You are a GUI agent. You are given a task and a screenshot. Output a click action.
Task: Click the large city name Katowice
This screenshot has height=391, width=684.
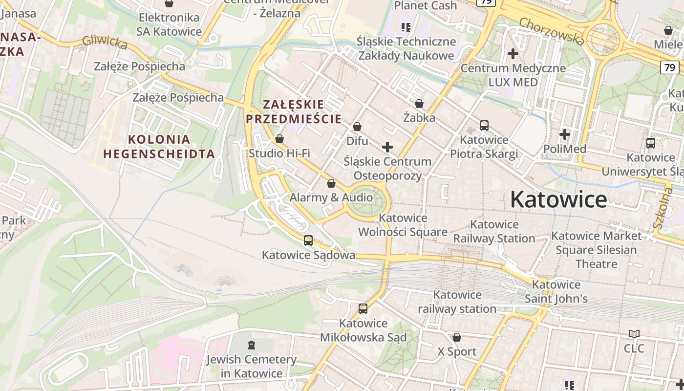pos(558,199)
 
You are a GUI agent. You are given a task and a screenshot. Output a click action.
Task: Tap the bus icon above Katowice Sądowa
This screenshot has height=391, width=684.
pos(308,240)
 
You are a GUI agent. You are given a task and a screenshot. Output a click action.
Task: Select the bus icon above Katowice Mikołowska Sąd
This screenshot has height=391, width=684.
pos(363,309)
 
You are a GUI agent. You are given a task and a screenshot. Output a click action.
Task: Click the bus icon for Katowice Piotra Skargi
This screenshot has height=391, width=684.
pos(484,126)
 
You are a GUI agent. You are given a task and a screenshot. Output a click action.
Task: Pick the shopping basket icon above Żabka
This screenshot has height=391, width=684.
pos(419,104)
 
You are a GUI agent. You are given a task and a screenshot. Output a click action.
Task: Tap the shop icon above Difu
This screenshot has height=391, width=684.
pos(357,127)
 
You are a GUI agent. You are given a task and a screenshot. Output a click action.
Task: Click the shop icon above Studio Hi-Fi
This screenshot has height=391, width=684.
pos(279,139)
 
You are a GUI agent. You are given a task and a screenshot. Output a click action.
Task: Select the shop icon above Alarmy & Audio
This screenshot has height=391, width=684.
pos(331,184)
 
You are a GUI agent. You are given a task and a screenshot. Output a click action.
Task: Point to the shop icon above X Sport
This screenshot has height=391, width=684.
pos(457,337)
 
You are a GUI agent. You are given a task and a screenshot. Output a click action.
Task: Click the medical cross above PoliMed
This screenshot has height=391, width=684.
pos(565,134)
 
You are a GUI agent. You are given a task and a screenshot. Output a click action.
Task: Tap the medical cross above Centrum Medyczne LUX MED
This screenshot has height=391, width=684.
pos(513,54)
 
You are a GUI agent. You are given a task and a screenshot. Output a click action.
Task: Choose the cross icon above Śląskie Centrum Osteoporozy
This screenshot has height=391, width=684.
pos(387,147)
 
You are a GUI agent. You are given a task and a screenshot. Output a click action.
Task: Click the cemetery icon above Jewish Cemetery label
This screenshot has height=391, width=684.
pos(252,345)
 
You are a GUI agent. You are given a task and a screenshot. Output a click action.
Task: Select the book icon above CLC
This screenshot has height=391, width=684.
pos(634,334)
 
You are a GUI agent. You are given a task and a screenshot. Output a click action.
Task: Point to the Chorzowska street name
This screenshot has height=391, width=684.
pos(552,31)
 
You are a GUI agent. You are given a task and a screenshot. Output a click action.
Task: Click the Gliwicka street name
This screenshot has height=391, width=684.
pos(105,43)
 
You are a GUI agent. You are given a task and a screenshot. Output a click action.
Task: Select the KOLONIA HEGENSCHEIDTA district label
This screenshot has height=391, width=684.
pos(159,147)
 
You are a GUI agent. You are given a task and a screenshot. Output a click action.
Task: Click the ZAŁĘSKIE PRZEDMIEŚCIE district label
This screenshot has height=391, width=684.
pos(294,111)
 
